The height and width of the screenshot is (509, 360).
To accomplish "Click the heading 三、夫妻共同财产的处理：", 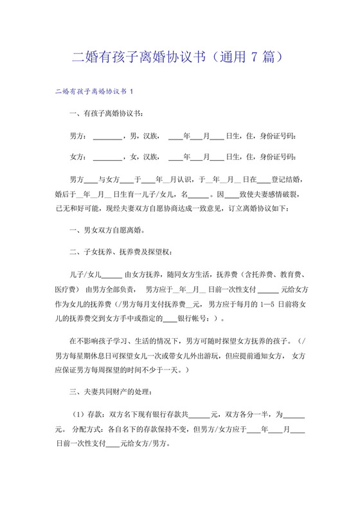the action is pyautogui.click(x=112, y=391).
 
